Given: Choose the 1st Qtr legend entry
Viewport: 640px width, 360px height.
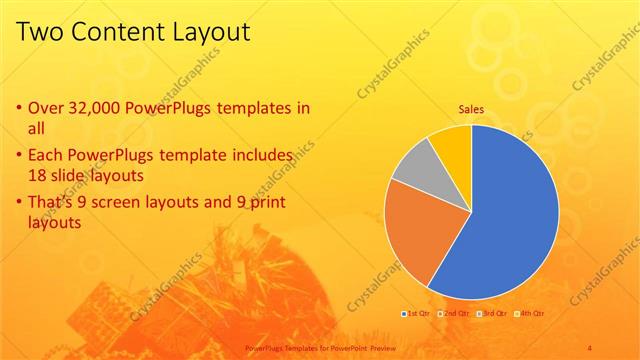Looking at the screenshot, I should (416, 314).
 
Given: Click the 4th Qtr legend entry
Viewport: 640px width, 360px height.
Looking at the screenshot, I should (530, 314).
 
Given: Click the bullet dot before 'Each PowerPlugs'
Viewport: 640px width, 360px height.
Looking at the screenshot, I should (20, 156).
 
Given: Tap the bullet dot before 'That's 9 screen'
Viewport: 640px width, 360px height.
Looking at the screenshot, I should (20, 204).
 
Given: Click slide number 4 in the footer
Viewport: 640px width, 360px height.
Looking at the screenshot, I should (591, 345).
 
